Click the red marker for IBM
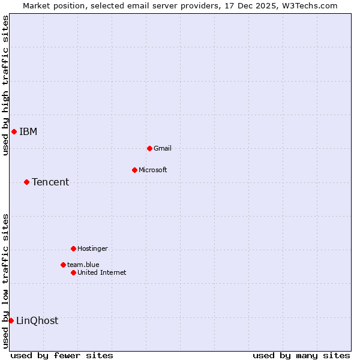click(x=14, y=132)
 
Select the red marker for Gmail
click(x=149, y=148)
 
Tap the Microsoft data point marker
click(x=134, y=170)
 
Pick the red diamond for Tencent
click(x=26, y=182)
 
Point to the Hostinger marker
click(x=73, y=248)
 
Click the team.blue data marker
click(x=63, y=265)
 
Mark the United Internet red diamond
click(x=73, y=272)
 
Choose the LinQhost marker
click(x=11, y=320)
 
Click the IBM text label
click(x=28, y=132)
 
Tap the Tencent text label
click(x=50, y=182)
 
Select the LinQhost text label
click(x=37, y=321)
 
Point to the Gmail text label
click(x=163, y=148)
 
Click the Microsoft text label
click(x=153, y=170)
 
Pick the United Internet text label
click(x=102, y=272)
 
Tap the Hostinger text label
click(x=93, y=248)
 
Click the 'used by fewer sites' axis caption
click(x=62, y=355)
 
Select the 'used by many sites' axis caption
click(x=301, y=355)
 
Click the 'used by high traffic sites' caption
click(x=5, y=85)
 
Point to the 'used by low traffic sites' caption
click(x=5, y=281)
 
